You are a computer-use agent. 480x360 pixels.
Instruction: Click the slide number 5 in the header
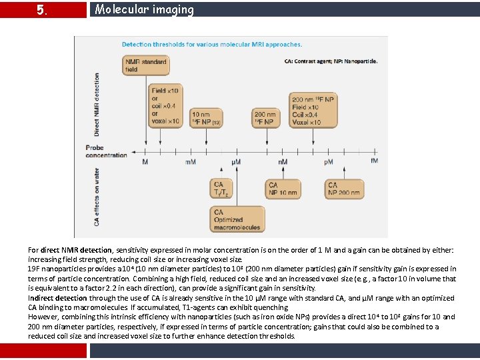click(x=41, y=10)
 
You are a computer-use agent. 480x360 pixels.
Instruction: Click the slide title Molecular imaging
click(x=144, y=9)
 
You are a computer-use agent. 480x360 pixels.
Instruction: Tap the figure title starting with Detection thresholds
click(x=211, y=45)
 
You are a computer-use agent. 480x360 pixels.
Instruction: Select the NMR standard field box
click(x=146, y=65)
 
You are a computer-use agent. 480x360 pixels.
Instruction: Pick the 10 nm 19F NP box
click(x=207, y=119)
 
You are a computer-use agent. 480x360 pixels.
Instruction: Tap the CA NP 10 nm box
click(x=283, y=189)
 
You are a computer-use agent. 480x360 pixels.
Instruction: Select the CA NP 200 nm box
click(x=344, y=189)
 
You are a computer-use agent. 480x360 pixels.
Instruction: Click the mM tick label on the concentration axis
click(x=191, y=161)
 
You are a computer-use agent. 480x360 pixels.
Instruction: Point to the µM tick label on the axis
click(x=236, y=161)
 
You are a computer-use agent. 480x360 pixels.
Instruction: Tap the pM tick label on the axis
click(x=328, y=161)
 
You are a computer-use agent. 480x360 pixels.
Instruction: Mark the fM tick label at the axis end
click(x=374, y=161)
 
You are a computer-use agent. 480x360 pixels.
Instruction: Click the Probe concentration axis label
click(x=106, y=151)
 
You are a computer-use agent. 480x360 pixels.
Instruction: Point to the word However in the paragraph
click(x=43, y=317)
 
